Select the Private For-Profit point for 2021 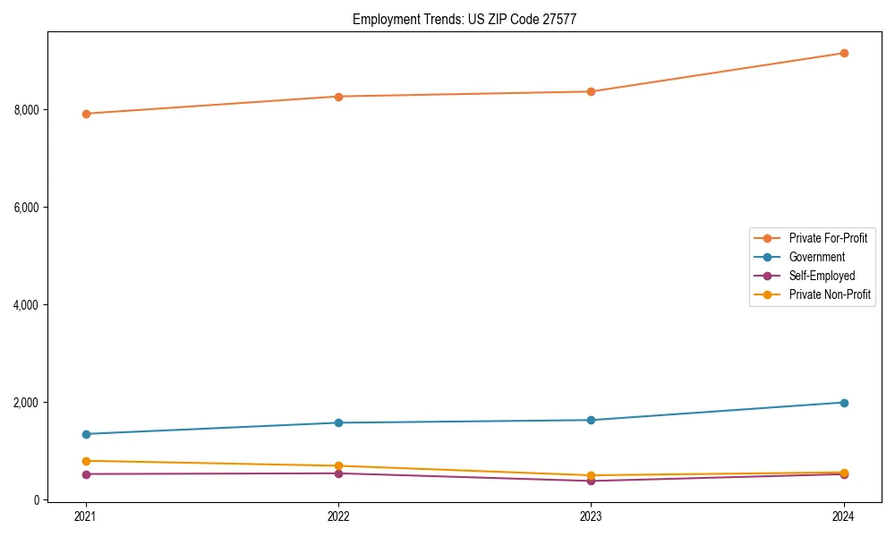coord(86,114)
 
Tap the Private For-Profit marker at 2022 coord(338,97)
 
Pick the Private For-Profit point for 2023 coord(591,91)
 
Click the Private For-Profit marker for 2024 coord(844,53)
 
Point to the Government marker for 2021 coord(86,434)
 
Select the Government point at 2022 coord(338,422)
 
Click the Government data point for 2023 coord(591,420)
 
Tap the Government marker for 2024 coord(844,403)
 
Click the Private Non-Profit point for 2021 coord(86,461)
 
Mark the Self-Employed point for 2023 coord(591,481)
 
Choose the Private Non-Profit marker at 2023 coord(591,475)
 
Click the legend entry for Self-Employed coord(822,276)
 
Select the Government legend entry coord(816,257)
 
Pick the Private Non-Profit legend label coord(830,294)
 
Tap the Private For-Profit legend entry coord(828,238)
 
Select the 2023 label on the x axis coord(591,516)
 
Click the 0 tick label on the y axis coord(37,500)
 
